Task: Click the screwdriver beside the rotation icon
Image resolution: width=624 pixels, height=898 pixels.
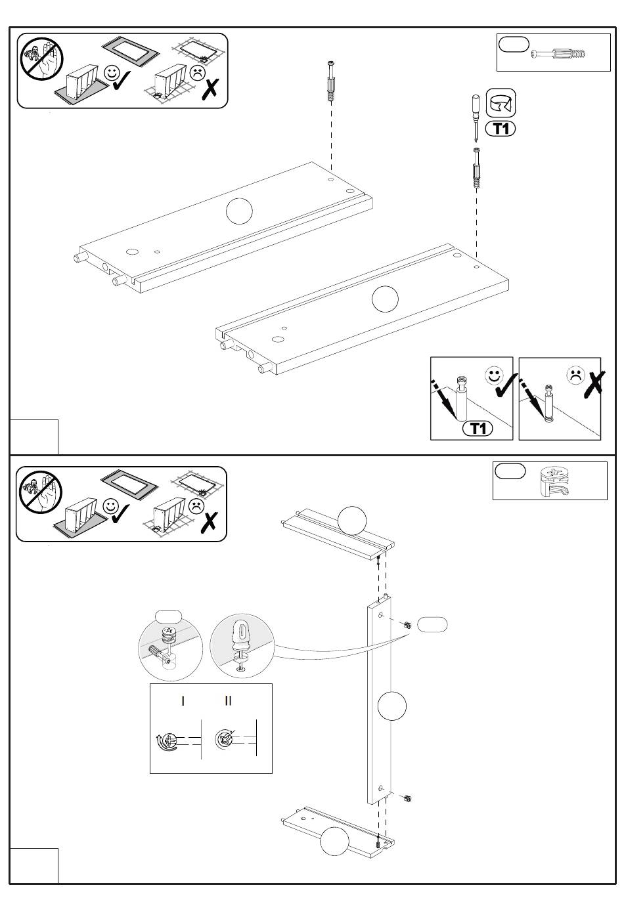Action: click(x=476, y=118)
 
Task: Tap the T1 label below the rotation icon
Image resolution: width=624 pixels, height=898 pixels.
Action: click(x=501, y=129)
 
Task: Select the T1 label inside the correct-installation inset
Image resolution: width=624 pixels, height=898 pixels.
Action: click(x=478, y=429)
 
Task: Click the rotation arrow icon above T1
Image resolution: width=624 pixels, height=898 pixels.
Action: click(x=501, y=103)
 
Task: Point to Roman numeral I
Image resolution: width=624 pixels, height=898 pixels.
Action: click(x=183, y=701)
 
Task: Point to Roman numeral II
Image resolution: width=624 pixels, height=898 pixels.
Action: click(x=228, y=700)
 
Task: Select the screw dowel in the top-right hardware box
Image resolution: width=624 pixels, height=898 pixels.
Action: click(x=558, y=53)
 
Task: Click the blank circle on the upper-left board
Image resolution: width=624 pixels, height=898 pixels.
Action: click(x=239, y=211)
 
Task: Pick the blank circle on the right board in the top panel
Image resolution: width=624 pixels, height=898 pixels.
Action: click(x=385, y=299)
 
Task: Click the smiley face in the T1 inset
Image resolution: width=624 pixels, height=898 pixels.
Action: click(x=494, y=375)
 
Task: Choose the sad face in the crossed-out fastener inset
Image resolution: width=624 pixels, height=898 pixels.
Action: click(x=575, y=375)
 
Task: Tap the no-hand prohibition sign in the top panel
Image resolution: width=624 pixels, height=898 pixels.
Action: click(x=41, y=59)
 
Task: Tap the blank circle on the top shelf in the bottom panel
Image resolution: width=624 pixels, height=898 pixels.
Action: click(x=352, y=521)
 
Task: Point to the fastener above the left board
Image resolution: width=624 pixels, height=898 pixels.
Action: click(x=331, y=82)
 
